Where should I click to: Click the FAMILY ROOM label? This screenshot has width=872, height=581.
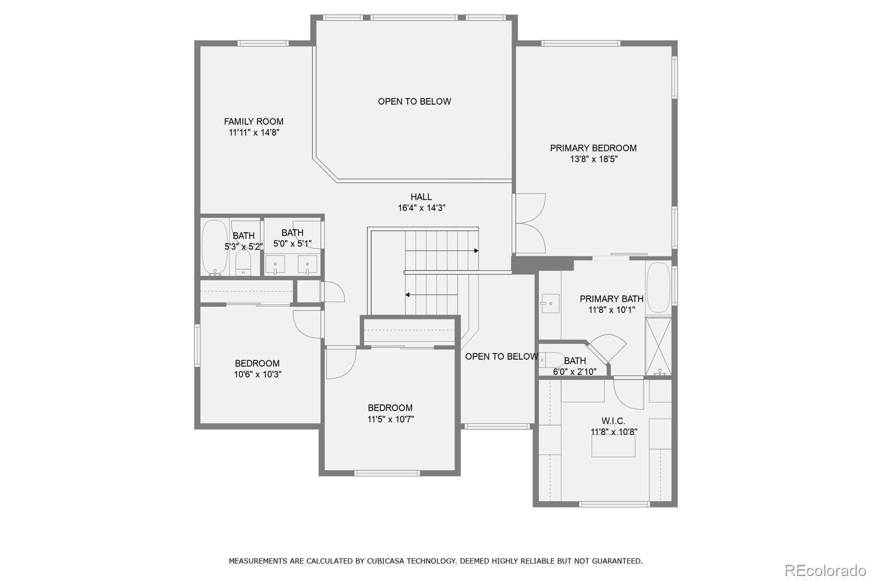[x=253, y=122]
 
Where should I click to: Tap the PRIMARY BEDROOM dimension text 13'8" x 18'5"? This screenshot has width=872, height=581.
[x=594, y=159]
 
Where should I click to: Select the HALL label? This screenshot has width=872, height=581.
[x=421, y=197]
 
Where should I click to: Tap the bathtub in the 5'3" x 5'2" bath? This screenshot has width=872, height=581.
[x=214, y=247]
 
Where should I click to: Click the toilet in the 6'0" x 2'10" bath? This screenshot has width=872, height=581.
[x=552, y=360]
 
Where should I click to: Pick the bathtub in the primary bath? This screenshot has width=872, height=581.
[x=658, y=288]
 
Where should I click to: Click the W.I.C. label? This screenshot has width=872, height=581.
[x=613, y=421]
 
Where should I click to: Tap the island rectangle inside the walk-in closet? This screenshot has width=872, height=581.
[x=614, y=446]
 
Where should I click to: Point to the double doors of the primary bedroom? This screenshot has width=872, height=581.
[x=530, y=223]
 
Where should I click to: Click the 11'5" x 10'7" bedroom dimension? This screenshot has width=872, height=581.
[x=390, y=419]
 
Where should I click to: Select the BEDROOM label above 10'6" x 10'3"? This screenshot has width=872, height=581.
[x=257, y=364]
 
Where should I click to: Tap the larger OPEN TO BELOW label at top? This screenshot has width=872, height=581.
[x=414, y=101]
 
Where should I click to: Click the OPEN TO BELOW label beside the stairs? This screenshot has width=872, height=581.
[x=501, y=356]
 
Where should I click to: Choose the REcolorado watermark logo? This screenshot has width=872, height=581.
[x=825, y=571]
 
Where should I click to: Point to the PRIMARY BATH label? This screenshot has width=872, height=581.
[x=611, y=299]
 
